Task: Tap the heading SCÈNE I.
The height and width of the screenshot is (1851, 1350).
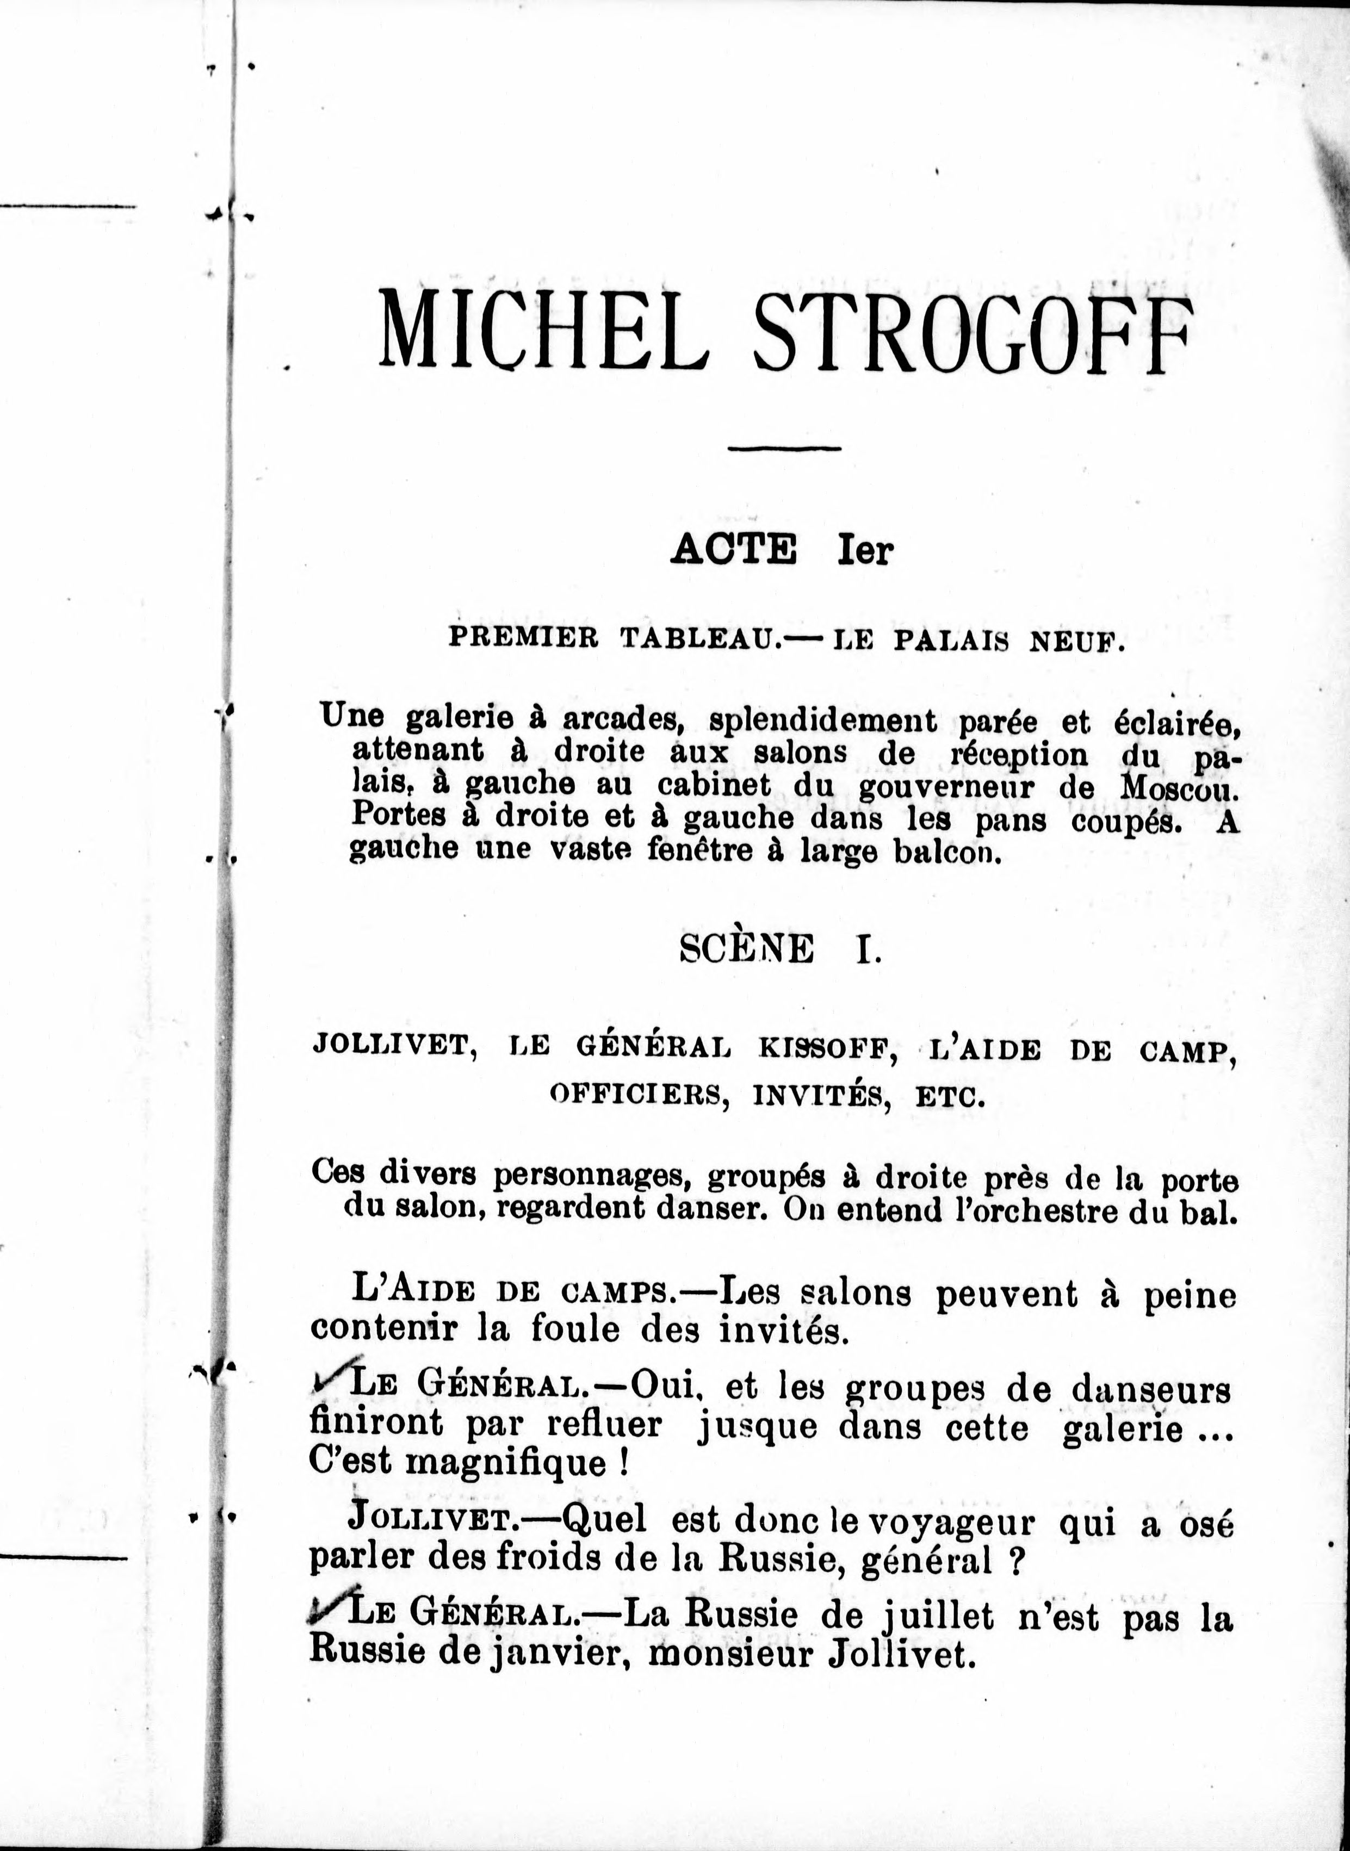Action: coord(781,949)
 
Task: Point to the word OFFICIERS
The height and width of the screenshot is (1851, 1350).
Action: coord(638,1095)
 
